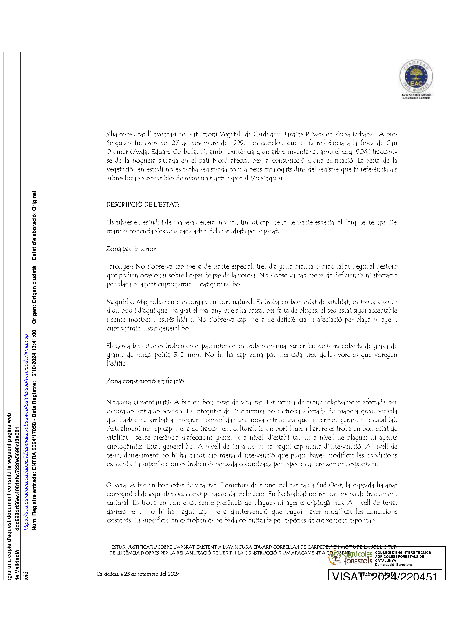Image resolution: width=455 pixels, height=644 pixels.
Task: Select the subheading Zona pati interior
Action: point(131,249)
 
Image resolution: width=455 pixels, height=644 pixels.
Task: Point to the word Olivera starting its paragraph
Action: point(117,485)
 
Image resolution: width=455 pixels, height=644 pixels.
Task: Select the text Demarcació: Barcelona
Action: point(394,564)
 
